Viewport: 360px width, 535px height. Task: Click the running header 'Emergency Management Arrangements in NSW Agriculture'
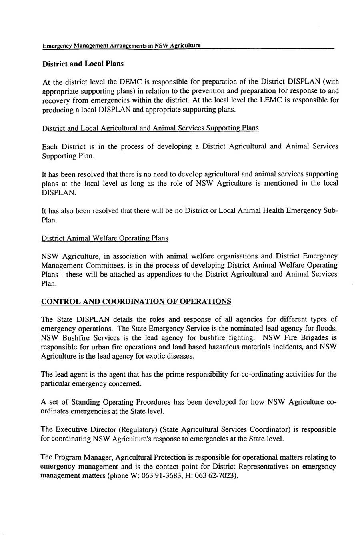(122, 46)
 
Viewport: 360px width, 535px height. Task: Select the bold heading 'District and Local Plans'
(83, 64)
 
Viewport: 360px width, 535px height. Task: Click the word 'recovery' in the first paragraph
(56, 100)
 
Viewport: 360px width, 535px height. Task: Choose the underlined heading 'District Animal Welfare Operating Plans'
(105, 238)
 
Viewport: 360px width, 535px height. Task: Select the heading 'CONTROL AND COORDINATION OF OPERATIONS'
(136, 301)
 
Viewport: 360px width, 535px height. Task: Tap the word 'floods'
(328, 329)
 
